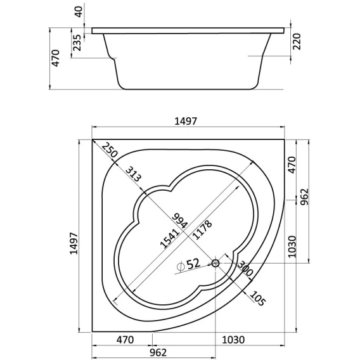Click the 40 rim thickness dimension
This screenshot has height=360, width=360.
point(79,11)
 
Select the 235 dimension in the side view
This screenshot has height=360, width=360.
point(77,42)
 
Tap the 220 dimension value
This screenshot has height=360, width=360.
point(297,42)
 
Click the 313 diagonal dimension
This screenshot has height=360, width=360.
point(133,174)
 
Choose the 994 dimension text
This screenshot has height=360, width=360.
point(180,221)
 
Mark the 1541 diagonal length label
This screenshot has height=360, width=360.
point(169,239)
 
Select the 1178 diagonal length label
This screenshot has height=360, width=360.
point(202,230)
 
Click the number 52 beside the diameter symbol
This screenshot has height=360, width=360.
point(193,264)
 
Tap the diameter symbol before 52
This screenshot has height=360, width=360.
point(181,266)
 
